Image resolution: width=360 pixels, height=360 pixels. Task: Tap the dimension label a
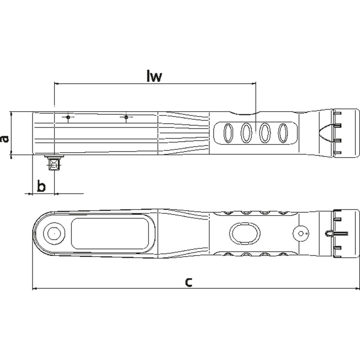4,139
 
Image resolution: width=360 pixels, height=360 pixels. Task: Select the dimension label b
41,186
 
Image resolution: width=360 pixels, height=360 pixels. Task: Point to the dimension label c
189,282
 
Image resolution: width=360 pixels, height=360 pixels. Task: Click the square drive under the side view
54,163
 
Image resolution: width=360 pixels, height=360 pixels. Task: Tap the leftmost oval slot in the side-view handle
228,133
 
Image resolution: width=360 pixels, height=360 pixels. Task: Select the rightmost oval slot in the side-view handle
283,133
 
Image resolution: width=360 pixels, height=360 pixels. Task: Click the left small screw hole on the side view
68,117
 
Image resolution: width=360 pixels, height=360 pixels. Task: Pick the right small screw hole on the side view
126,117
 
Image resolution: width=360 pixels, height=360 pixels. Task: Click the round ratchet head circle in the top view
54,233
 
